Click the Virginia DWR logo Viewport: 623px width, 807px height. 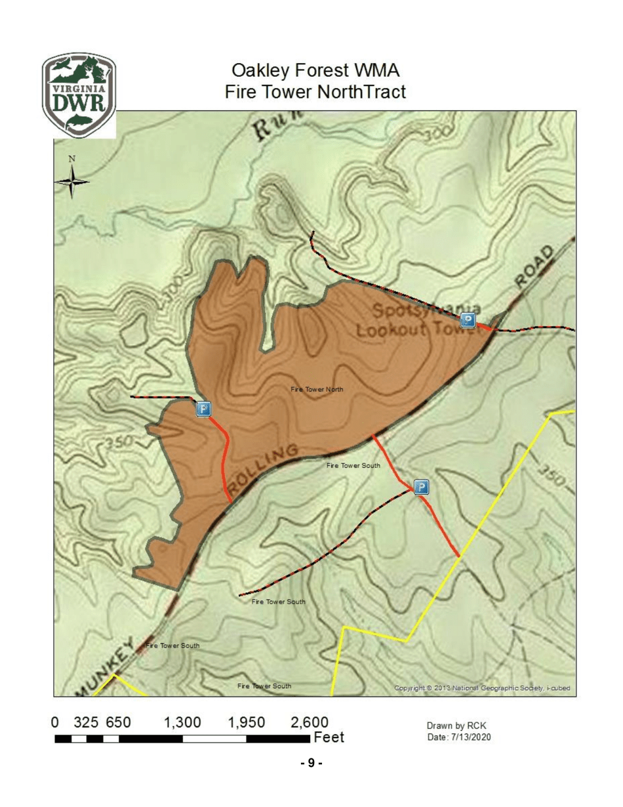pyautogui.click(x=79, y=94)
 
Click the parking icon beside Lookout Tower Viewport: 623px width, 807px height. pyautogui.click(x=468, y=320)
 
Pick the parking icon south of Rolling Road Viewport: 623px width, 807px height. pyautogui.click(x=422, y=487)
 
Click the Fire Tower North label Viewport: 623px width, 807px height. pyautogui.click(x=317, y=389)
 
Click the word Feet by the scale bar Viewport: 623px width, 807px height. pyautogui.click(x=329, y=738)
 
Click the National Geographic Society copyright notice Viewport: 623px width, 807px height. pyautogui.click(x=483, y=688)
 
